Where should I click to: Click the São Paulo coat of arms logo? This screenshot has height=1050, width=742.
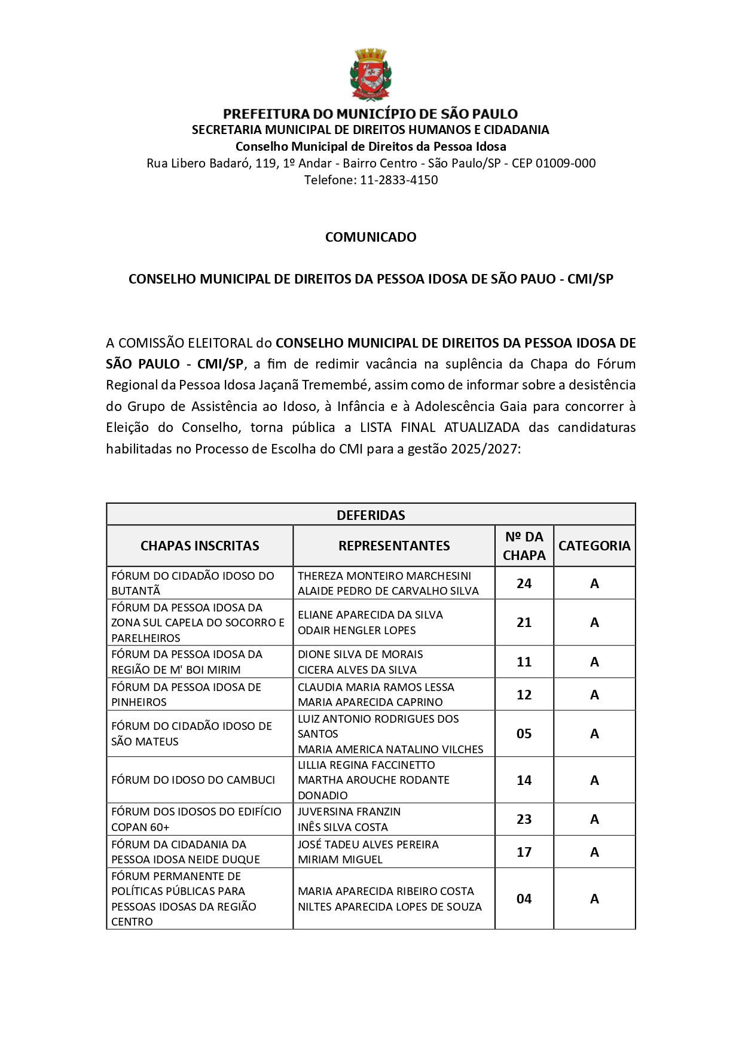[x=371, y=75]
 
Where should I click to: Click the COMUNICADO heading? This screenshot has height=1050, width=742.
[x=371, y=237]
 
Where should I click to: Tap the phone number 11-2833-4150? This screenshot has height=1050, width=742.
[x=399, y=180]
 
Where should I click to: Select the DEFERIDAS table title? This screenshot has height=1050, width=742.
[x=371, y=515]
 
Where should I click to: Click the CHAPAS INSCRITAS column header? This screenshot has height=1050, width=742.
[x=200, y=546]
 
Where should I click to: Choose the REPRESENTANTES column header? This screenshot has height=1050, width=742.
[x=394, y=546]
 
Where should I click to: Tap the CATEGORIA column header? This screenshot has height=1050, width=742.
[x=594, y=546]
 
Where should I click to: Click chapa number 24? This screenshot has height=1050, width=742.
[x=524, y=583]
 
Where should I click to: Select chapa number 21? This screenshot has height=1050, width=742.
[x=524, y=622]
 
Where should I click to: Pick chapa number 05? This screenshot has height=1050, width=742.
[x=524, y=734]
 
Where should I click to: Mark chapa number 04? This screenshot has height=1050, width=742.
[x=524, y=899]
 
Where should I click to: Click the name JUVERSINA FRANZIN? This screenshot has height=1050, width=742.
[x=349, y=812]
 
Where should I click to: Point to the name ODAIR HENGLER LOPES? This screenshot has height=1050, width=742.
[x=357, y=630]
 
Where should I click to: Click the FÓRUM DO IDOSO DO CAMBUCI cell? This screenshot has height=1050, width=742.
[x=193, y=780]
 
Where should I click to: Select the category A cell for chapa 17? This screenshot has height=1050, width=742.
[x=594, y=852]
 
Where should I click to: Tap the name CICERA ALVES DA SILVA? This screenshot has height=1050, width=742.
[x=357, y=669]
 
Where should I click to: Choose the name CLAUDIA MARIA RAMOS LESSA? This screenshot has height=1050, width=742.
[x=376, y=687]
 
